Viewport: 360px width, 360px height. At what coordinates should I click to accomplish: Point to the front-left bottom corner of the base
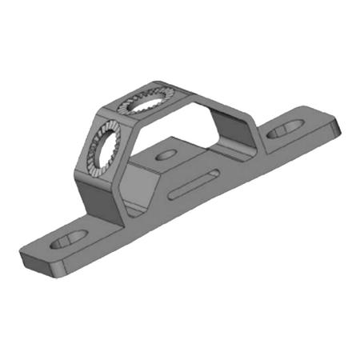(x=24, y=263)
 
